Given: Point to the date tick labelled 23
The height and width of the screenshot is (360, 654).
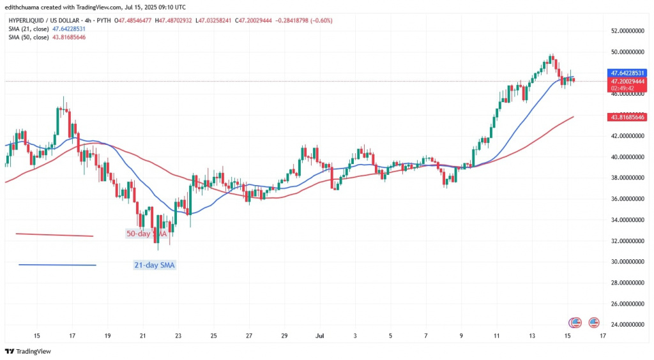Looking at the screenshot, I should [x=178, y=335].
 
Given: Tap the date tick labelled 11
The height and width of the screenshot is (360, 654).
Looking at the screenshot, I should [x=496, y=335].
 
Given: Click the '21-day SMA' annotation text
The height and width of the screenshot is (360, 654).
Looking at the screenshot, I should [x=153, y=265].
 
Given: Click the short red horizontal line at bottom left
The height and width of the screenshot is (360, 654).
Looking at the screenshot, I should [x=54, y=235].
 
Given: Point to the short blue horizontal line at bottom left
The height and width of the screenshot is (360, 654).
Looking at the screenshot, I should [x=57, y=265].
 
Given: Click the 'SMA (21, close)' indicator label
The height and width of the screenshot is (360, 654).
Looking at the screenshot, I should [x=30, y=29].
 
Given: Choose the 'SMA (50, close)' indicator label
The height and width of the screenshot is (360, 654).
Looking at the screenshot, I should [x=30, y=37].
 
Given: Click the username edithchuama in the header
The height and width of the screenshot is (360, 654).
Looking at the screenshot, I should [x=26, y=6].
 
